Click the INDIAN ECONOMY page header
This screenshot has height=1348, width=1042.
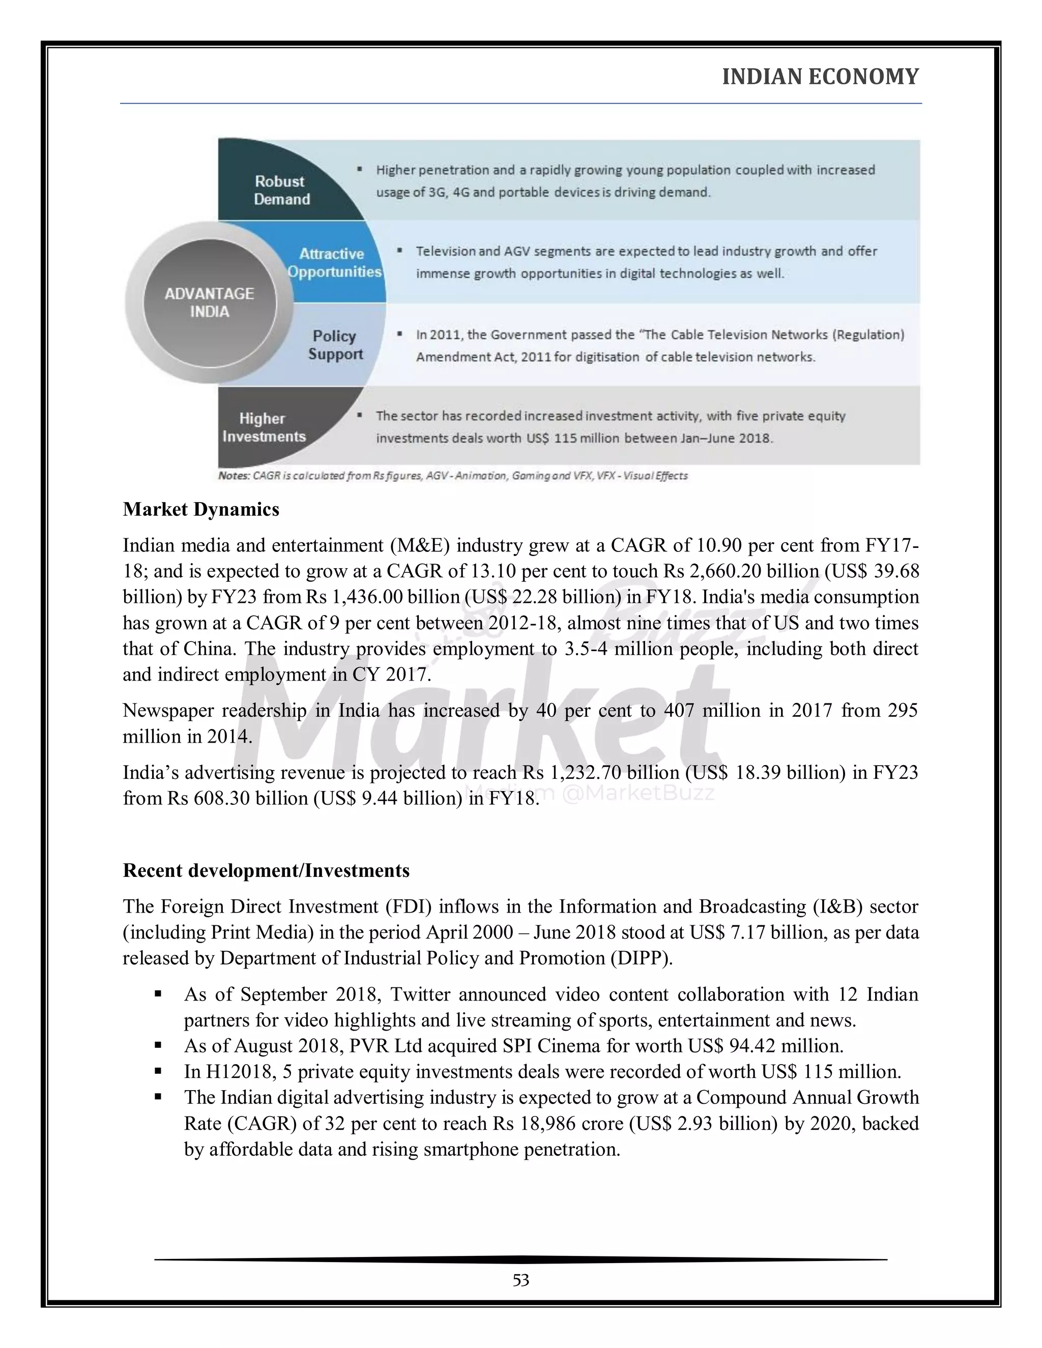[820, 76]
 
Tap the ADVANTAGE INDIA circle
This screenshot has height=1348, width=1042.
[209, 303]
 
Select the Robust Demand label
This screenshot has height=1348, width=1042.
[281, 190]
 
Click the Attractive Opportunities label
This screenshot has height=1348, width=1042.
[334, 263]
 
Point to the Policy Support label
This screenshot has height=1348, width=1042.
[335, 345]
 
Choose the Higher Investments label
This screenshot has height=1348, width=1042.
[264, 427]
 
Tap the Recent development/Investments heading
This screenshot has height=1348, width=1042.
[266, 870]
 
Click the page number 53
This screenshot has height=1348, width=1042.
[520, 1281]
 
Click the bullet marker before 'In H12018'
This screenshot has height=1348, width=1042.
[158, 1071]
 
